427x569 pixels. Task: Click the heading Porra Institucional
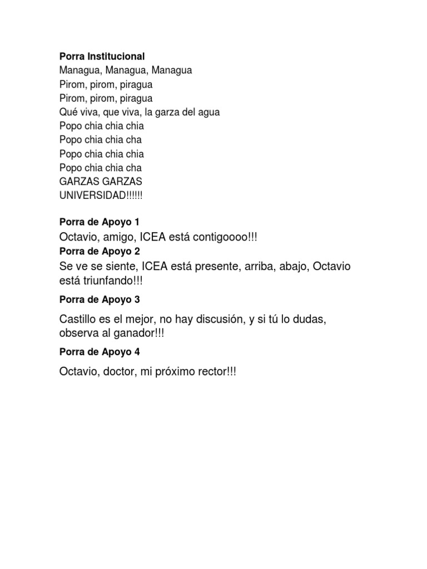[102, 56]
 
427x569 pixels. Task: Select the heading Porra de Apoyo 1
[100, 222]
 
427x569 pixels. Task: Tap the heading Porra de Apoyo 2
[100, 251]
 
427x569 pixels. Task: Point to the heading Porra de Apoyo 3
[100, 300]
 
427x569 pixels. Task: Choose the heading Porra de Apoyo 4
[100, 352]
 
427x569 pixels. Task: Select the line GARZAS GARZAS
[101, 182]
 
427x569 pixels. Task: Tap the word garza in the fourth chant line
[170, 112]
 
